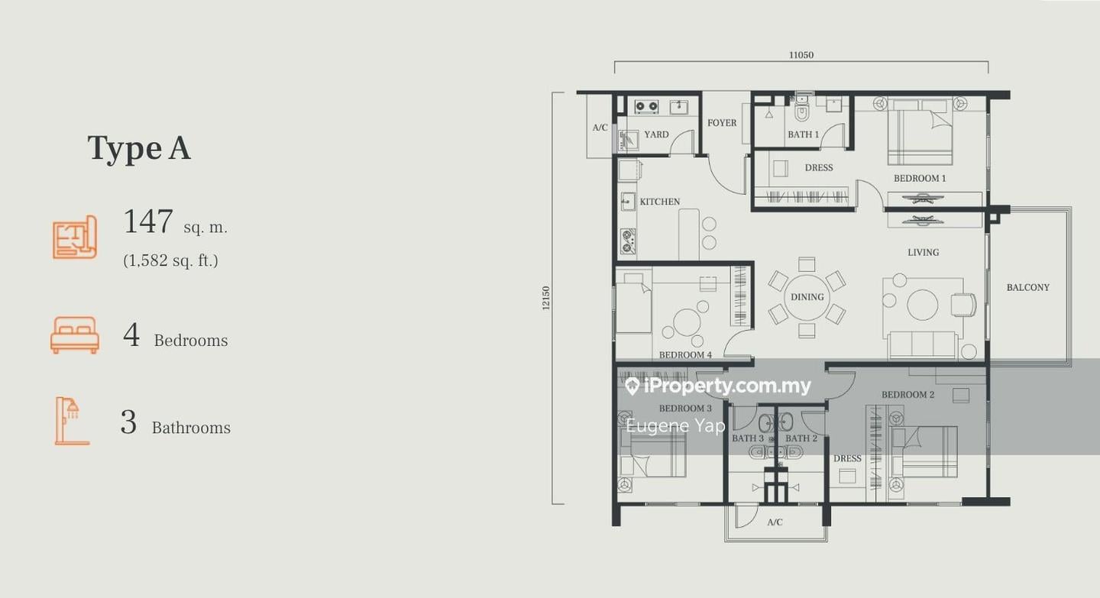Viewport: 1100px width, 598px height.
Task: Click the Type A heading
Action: (x=139, y=148)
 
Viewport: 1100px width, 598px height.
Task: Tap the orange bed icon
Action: (x=75, y=335)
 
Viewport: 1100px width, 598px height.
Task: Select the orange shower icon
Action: (x=72, y=422)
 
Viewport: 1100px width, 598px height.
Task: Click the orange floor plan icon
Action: (x=75, y=237)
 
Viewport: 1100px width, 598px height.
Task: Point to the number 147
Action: (x=148, y=221)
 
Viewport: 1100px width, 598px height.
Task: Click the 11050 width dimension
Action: (x=801, y=55)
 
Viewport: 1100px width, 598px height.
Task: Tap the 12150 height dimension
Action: (x=546, y=298)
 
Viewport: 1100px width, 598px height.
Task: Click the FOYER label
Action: (x=722, y=123)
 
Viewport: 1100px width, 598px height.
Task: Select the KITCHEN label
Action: (x=659, y=202)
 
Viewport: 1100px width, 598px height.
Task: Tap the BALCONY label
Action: (x=1028, y=287)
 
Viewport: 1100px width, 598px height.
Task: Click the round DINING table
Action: (x=807, y=297)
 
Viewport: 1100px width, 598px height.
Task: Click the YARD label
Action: (x=657, y=134)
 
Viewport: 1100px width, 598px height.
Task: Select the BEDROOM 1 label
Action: (x=920, y=178)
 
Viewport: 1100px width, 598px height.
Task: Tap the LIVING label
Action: (x=924, y=252)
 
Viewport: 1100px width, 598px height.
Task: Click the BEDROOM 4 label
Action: (x=685, y=354)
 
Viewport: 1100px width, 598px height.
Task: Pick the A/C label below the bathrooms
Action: (x=775, y=522)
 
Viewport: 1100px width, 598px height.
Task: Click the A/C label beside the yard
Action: (x=600, y=128)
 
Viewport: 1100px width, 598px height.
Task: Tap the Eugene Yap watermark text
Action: (x=676, y=425)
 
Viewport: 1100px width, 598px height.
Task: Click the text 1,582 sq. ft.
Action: (x=170, y=260)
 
